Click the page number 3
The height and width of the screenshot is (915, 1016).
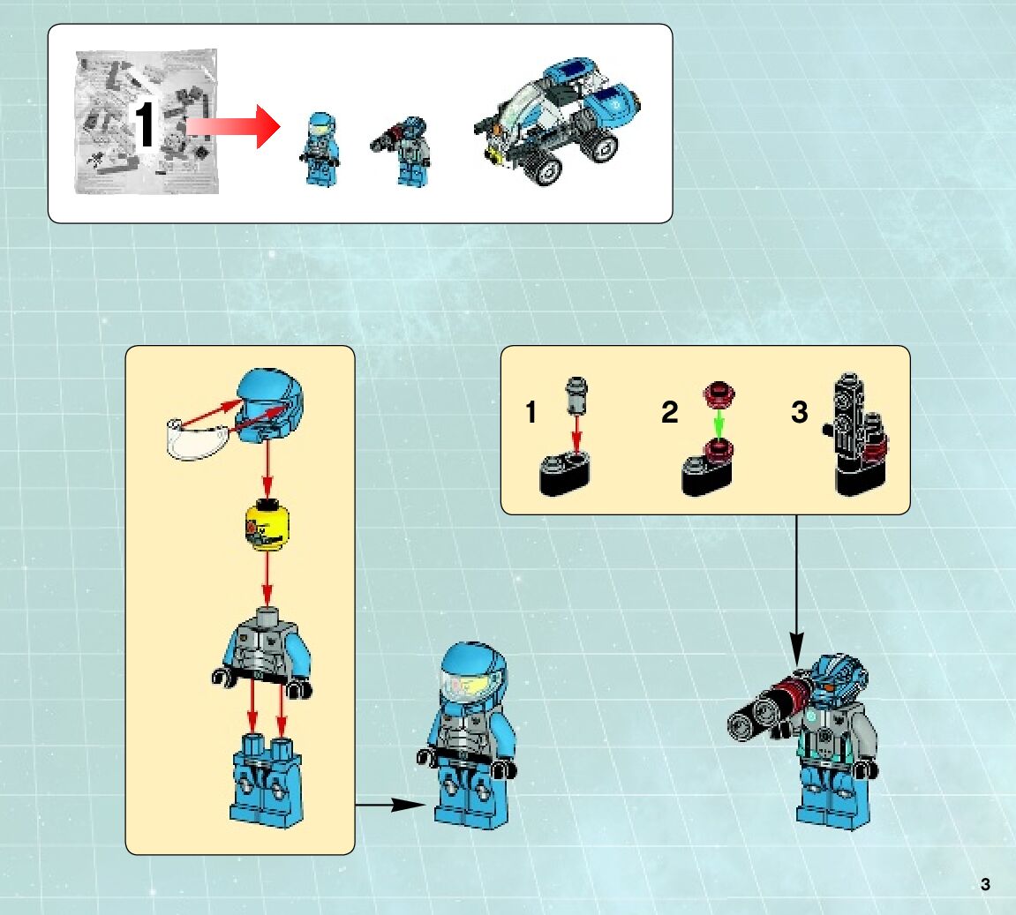pyautogui.click(x=985, y=885)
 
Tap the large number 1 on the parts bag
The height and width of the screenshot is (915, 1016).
pyautogui.click(x=147, y=124)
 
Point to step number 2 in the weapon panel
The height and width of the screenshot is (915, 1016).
pyautogui.click(x=669, y=412)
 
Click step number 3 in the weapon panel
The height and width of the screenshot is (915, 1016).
pyautogui.click(x=799, y=412)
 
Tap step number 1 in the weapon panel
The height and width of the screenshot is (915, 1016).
pyautogui.click(x=531, y=412)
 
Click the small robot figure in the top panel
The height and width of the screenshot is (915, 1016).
pyautogui.click(x=407, y=150)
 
